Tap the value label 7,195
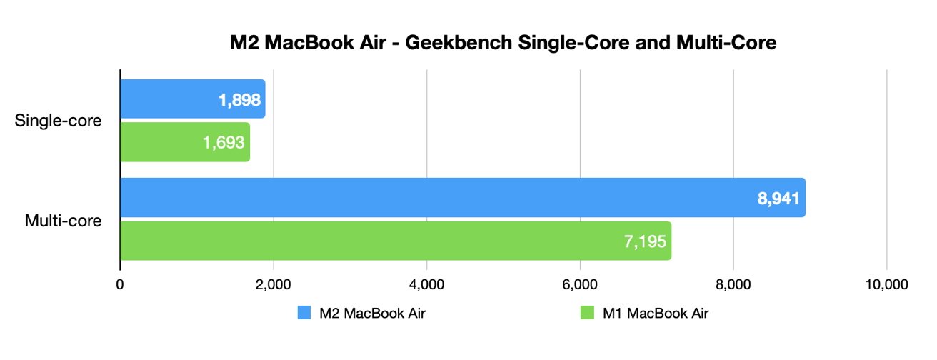[x=645, y=241]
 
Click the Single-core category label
[x=59, y=121]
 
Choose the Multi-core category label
[x=63, y=220]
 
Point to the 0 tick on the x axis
[x=120, y=284]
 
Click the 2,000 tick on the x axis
[x=273, y=284]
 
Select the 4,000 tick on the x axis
[x=426, y=284]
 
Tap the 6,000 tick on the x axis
[x=580, y=284]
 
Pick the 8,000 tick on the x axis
[x=733, y=284]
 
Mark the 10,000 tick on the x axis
[x=886, y=284]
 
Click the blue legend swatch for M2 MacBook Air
[x=303, y=312]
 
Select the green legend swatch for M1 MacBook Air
[x=585, y=312]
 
